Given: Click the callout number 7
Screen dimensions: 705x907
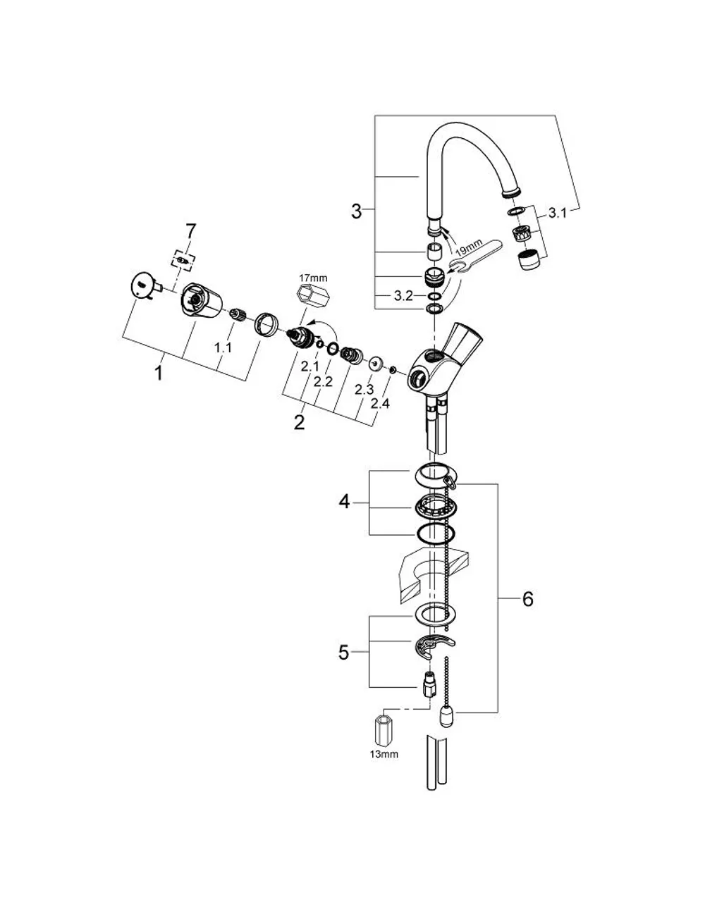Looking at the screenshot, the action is pos(190,231).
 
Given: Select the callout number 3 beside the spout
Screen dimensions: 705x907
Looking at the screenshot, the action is pos(356,211).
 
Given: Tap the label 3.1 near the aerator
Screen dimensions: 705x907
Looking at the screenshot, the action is pos(557,214).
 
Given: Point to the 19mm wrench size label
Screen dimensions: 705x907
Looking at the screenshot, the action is pos(469,247).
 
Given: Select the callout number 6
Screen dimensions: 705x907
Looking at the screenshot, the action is pos(528,600).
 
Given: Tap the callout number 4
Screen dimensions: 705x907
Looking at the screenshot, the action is pos(344,502).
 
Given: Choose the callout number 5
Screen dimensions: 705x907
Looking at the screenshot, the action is pos(343,653).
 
